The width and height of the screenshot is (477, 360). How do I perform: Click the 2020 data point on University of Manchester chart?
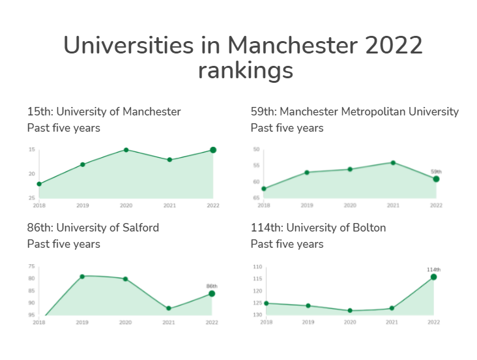(126, 150)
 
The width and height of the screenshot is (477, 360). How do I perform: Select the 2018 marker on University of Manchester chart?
(39, 184)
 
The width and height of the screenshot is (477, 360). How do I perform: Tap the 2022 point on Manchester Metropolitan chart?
(436, 179)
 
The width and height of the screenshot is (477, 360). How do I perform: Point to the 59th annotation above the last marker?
(436, 172)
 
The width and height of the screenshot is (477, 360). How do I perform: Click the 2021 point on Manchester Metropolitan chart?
(393, 162)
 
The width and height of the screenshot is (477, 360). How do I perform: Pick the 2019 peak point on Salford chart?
(82, 277)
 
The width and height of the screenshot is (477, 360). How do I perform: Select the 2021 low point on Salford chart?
(169, 308)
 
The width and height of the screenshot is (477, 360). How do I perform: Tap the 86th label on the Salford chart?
(212, 286)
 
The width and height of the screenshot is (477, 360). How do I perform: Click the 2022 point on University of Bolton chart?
(433, 277)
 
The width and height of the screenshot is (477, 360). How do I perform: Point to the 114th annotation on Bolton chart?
(433, 269)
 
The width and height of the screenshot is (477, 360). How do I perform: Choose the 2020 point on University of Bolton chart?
(350, 310)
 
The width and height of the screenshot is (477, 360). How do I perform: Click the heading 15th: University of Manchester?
(104, 112)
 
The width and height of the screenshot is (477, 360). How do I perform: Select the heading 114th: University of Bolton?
(318, 228)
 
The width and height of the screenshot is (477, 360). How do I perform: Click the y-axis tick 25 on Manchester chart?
(31, 198)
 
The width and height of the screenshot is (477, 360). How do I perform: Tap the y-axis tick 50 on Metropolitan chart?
(256, 150)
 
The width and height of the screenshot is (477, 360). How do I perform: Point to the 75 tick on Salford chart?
(31, 267)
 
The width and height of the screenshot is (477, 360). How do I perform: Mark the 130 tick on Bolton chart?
(257, 315)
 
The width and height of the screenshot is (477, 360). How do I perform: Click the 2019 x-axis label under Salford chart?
(82, 322)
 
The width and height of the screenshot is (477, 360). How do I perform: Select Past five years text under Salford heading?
(64, 244)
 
